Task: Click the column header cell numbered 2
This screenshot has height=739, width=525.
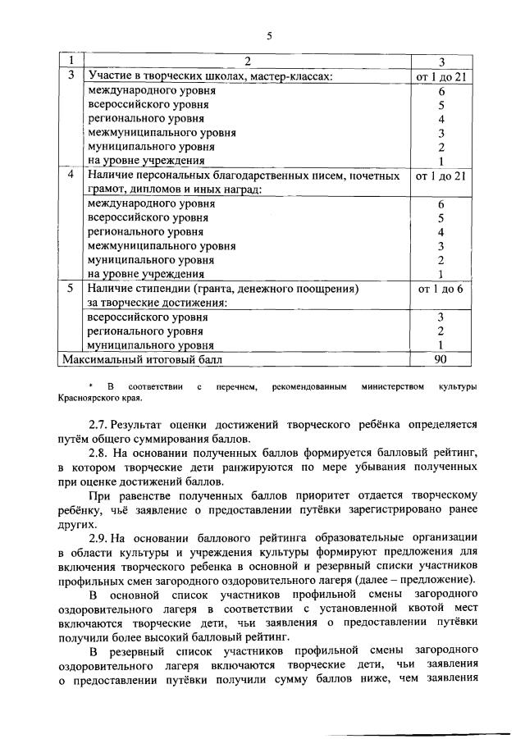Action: point(247,62)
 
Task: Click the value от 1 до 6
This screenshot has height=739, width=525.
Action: point(441,289)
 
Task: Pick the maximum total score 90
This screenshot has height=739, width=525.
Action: point(441,358)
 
